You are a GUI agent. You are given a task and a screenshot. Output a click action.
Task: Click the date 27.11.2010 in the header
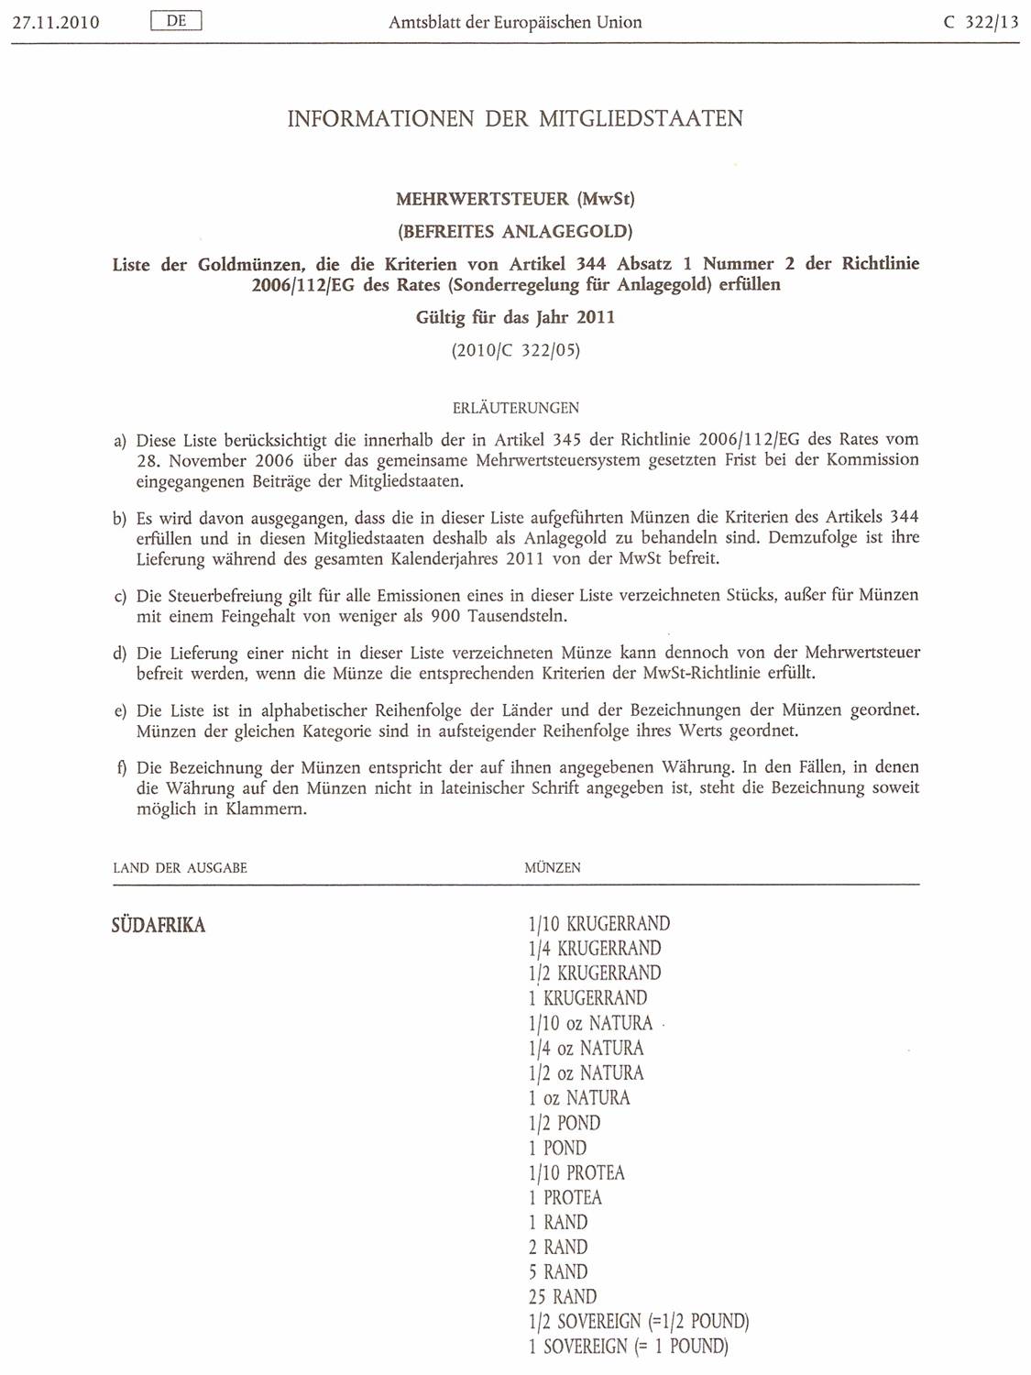tap(55, 22)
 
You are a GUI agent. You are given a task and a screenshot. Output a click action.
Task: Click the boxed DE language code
tap(176, 20)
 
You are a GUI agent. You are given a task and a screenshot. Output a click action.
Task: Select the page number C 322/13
tap(981, 22)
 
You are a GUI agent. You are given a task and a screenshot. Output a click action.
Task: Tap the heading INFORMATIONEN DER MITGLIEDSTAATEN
tap(515, 118)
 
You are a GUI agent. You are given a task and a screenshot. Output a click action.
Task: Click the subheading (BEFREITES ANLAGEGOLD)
tap(514, 231)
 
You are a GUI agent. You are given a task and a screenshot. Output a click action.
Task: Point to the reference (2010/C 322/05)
tap(515, 350)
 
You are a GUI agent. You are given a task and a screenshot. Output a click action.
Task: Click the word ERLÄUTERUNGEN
tap(515, 408)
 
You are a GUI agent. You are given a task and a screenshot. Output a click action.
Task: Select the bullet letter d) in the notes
tap(119, 654)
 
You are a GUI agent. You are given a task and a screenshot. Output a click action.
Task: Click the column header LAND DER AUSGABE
tap(180, 867)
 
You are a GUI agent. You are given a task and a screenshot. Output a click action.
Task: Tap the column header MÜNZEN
tap(552, 867)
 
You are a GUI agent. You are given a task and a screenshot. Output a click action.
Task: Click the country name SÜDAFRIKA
tap(158, 925)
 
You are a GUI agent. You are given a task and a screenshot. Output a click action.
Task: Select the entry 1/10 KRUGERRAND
tap(598, 923)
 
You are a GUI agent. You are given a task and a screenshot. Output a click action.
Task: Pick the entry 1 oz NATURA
tap(578, 1097)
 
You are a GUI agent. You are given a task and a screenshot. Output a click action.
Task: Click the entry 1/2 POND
tap(564, 1123)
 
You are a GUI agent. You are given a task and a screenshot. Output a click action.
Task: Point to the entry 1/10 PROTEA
tap(576, 1172)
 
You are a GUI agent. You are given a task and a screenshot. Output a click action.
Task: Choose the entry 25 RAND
tap(562, 1297)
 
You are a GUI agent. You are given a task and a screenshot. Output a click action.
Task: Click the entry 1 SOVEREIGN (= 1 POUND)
tap(628, 1347)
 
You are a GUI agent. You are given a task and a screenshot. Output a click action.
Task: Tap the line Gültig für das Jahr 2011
tap(515, 317)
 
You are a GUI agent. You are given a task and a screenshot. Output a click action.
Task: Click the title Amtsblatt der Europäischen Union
tap(515, 22)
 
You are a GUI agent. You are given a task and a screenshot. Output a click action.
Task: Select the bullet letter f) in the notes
tap(120, 767)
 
